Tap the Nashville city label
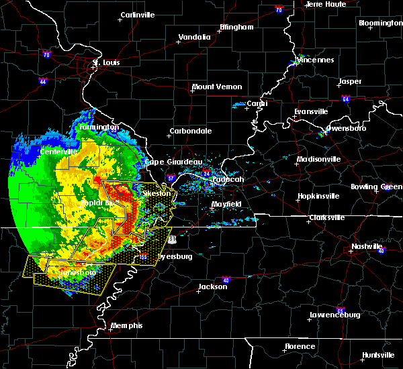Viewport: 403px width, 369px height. (x=367, y=246)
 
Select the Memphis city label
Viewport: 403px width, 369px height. (x=128, y=325)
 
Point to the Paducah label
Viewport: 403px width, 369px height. (x=228, y=180)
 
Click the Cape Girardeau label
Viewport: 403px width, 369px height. (x=173, y=162)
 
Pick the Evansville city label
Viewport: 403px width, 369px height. (x=311, y=111)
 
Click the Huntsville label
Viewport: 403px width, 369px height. (x=378, y=355)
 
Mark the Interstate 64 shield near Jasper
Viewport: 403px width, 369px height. (x=345, y=99)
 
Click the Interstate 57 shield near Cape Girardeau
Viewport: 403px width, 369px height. (x=171, y=178)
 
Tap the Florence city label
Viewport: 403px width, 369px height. (x=300, y=346)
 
